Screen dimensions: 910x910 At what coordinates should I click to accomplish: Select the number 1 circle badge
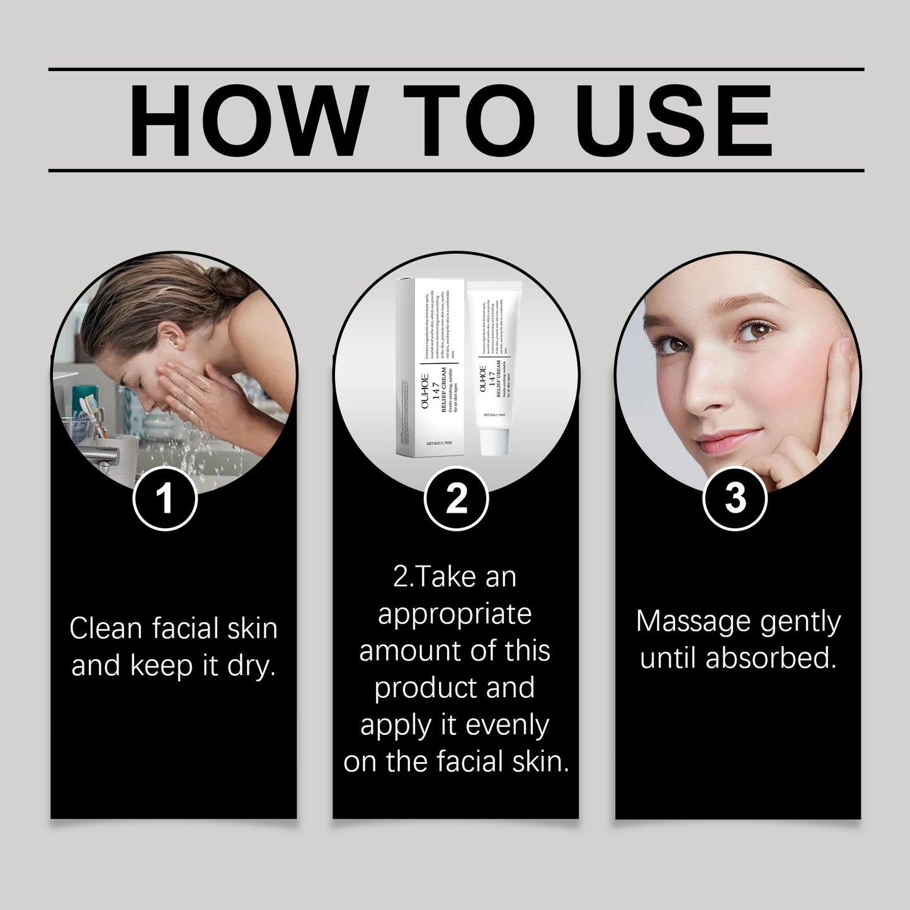point(165,498)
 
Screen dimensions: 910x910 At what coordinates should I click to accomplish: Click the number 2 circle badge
point(456,498)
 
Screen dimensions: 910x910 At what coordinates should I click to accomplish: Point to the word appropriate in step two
point(455,613)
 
